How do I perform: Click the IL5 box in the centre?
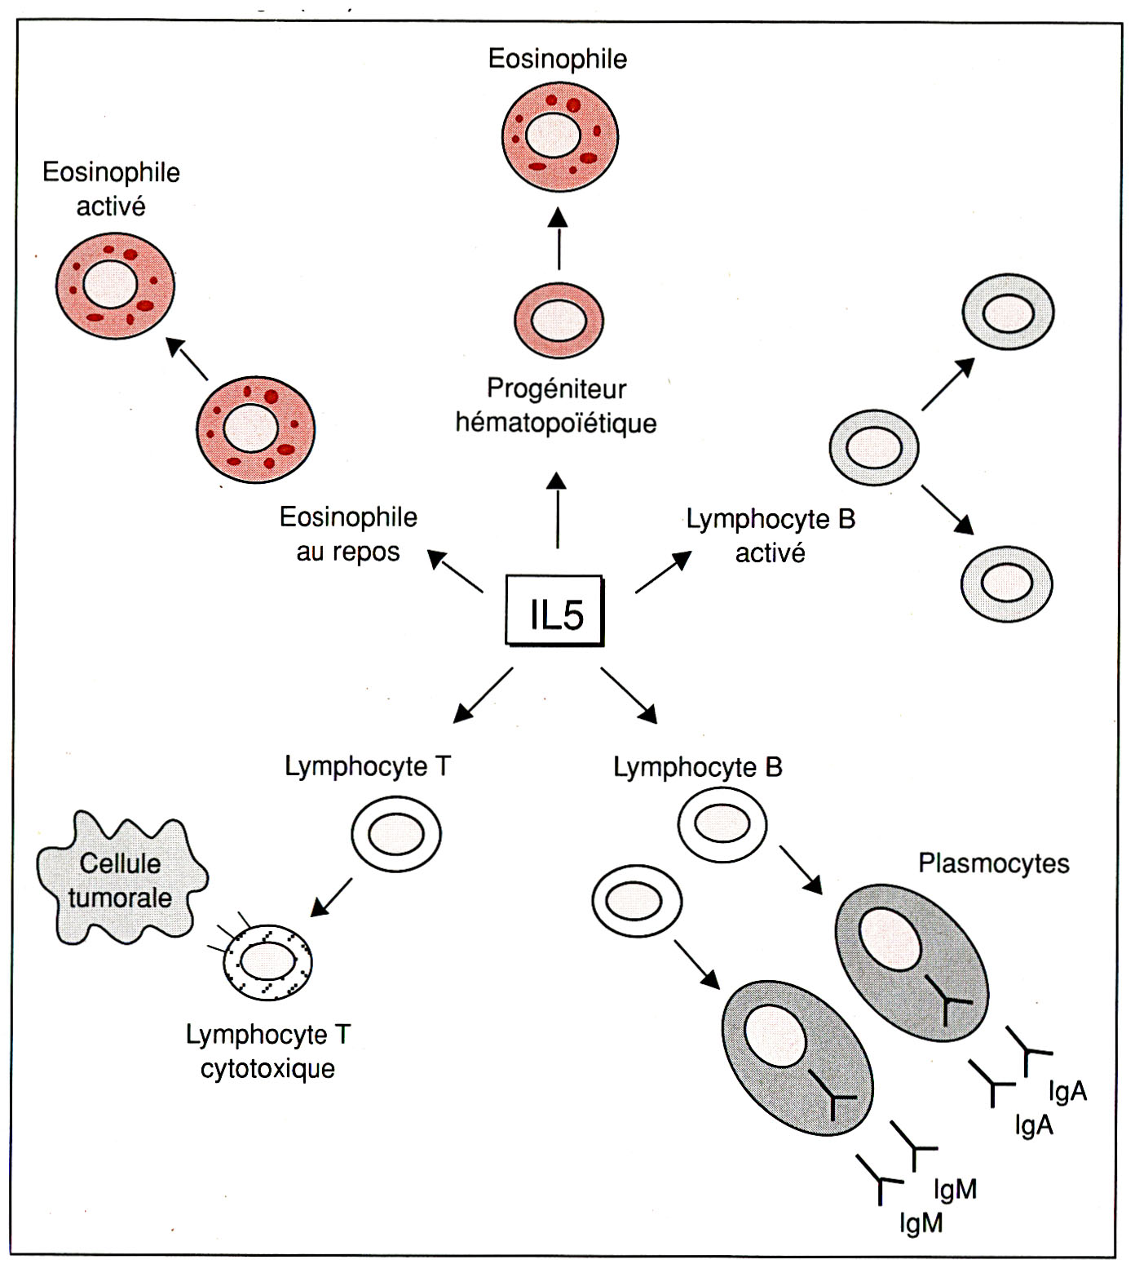[555, 611]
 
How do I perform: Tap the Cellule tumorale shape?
[121, 880]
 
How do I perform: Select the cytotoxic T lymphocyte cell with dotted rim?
[268, 961]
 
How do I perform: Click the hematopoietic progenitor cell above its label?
[559, 321]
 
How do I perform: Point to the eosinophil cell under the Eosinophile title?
[559, 136]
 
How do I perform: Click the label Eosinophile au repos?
[348, 534]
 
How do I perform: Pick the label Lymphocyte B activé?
[771, 536]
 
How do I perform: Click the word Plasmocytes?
[993, 863]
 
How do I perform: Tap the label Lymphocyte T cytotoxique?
[267, 1051]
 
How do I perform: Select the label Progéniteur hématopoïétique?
[556, 406]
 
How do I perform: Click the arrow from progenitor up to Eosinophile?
[559, 239]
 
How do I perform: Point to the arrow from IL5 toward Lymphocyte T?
[484, 695]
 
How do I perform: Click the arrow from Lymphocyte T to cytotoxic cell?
[332, 897]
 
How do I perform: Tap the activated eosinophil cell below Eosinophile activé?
[115, 286]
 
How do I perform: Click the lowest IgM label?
[921, 1223]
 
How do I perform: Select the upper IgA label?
[1067, 1091]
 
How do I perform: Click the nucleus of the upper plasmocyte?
[890, 938]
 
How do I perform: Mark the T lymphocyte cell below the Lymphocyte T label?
[396, 834]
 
